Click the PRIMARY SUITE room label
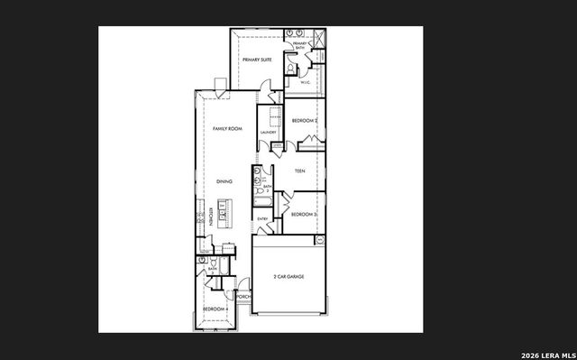click(257, 60)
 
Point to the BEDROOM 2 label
click(304, 120)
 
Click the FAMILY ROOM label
click(228, 129)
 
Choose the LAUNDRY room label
click(268, 134)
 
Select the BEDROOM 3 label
click(302, 214)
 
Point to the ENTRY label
click(262, 218)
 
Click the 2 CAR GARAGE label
click(288, 276)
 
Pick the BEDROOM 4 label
click(214, 309)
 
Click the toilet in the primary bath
click(290, 68)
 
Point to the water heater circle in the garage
click(319, 240)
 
